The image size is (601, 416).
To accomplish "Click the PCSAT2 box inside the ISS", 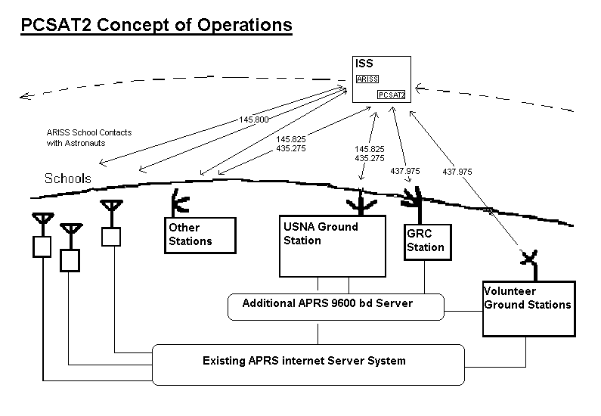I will pyautogui.click(x=392, y=95).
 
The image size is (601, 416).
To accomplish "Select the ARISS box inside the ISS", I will pyautogui.click(x=367, y=79).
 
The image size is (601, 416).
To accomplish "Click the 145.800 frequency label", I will pyautogui.click(x=253, y=120).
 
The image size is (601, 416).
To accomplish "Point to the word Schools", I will pyautogui.click(x=68, y=179).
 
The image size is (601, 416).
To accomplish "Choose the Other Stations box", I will pyautogui.click(x=200, y=234).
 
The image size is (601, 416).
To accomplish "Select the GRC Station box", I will pyautogui.click(x=426, y=241).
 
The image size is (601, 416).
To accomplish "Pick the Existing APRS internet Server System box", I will pyautogui.click(x=308, y=362).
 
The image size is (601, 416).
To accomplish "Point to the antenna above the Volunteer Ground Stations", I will pyautogui.click(x=529, y=259).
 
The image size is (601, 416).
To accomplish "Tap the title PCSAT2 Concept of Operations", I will pyautogui.click(x=156, y=25).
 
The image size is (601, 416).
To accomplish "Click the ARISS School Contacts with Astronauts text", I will pyautogui.click(x=88, y=138).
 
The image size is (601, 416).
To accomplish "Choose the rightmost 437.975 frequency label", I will pyautogui.click(x=457, y=172).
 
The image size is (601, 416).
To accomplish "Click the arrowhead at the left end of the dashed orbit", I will pyautogui.click(x=25, y=95).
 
